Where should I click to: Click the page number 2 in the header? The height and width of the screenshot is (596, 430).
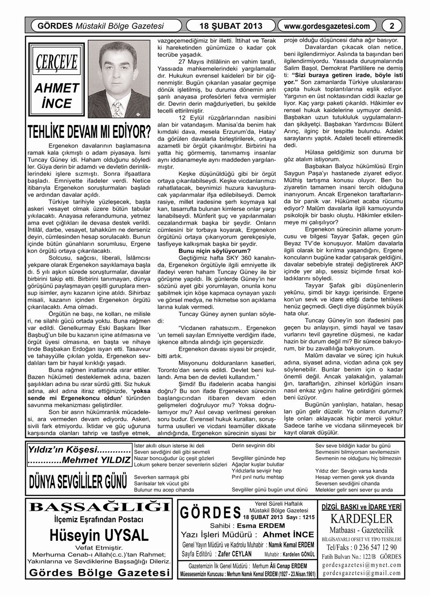pos(392,26)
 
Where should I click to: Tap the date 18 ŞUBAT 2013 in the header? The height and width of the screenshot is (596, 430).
pos(231,26)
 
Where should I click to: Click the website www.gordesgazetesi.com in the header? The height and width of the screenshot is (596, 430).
pos(327,26)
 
